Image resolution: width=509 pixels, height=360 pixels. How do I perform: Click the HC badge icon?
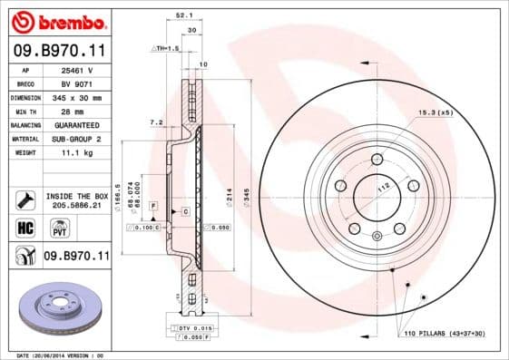(x=24, y=227)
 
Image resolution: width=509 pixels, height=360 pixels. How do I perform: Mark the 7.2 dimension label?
(x=155, y=122)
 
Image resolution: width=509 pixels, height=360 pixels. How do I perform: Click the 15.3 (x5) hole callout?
(x=434, y=113)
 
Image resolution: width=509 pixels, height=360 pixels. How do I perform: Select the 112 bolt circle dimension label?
(x=383, y=186)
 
